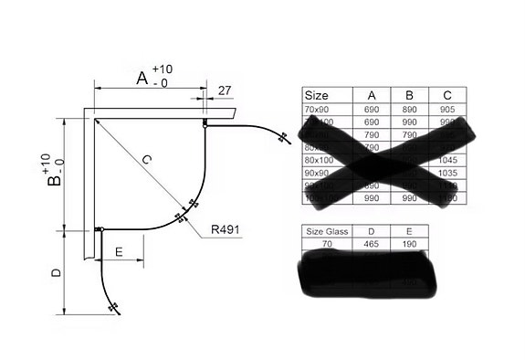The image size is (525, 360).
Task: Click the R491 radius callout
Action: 225,230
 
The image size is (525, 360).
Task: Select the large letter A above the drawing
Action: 142,79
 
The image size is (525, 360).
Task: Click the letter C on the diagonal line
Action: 145,160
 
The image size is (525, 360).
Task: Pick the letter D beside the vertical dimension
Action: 57,273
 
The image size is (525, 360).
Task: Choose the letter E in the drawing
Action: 119,249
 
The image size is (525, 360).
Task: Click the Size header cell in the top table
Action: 317,95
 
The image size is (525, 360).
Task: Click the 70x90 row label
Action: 317,108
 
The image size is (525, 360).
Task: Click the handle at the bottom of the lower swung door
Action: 113,308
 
